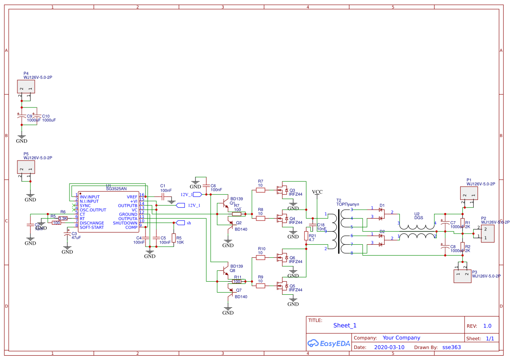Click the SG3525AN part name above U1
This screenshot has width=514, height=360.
tap(116, 189)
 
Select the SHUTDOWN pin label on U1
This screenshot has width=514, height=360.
tap(125, 223)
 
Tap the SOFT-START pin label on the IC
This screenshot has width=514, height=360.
tap(92, 227)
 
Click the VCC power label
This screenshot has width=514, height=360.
tap(317, 192)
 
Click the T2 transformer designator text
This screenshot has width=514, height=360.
tap(339, 200)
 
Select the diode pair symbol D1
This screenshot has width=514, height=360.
tap(381, 213)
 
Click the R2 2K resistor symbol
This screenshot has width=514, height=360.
tap(463, 247)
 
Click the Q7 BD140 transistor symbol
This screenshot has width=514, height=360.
tap(229, 290)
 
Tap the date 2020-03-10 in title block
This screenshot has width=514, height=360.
tap(389, 347)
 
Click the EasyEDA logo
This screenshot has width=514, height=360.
tap(328, 343)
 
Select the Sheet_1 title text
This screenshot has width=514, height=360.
tap(345, 325)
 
